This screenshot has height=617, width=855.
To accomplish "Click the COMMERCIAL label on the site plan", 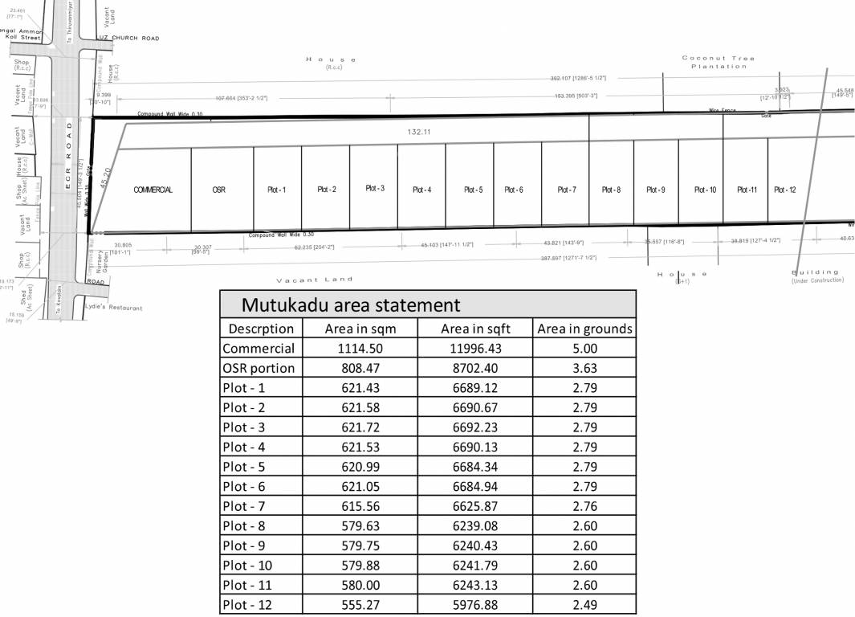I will pyautogui.click(x=153, y=190).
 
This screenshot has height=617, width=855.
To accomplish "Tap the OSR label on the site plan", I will pyautogui.click(x=218, y=190).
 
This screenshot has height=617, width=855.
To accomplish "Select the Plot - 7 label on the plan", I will pyautogui.click(x=566, y=190).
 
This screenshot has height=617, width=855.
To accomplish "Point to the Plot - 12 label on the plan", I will pyautogui.click(x=784, y=190).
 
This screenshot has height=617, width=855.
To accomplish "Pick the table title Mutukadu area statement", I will pyautogui.click(x=351, y=305).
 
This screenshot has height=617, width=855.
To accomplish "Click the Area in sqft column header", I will pyautogui.click(x=474, y=329).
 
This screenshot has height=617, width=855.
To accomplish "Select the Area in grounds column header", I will pyautogui.click(x=584, y=329).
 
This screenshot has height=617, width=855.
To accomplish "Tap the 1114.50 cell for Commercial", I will pyautogui.click(x=360, y=349).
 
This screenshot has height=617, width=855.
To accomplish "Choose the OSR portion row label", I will pyautogui.click(x=259, y=368).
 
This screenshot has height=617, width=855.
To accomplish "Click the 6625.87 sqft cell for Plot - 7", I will pyautogui.click(x=474, y=507).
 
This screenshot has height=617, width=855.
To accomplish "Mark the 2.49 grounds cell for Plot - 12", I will pyautogui.click(x=584, y=605).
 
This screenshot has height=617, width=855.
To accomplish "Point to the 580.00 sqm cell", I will pyautogui.click(x=360, y=585).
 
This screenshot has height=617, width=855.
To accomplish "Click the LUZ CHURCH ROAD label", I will pyautogui.click(x=128, y=38).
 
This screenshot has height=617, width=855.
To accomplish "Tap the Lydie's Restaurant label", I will pyautogui.click(x=113, y=308).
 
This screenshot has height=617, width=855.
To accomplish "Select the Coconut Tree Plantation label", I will pyautogui.click(x=718, y=62).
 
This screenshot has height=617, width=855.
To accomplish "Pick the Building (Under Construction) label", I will pyautogui.click(x=816, y=276).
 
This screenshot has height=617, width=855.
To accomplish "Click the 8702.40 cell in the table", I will pyautogui.click(x=474, y=368).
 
